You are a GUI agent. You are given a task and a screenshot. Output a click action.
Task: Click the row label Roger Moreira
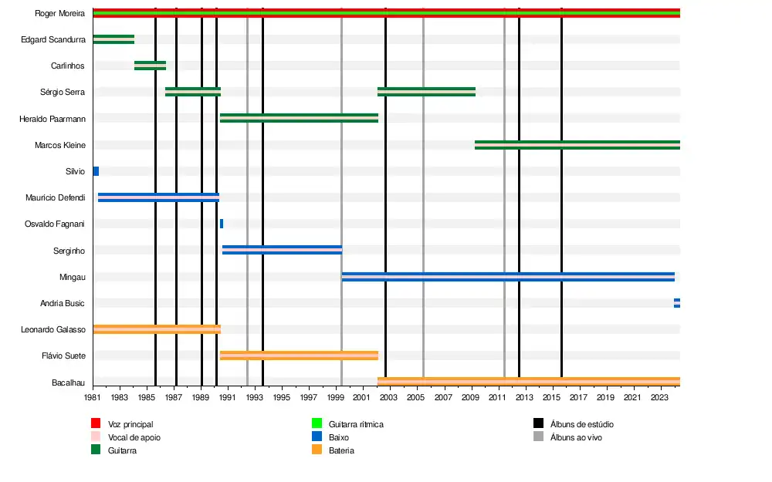click(60, 13)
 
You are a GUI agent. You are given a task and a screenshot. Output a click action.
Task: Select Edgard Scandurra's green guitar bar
click(113, 39)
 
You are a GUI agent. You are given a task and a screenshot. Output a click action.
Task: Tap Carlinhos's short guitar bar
click(150, 66)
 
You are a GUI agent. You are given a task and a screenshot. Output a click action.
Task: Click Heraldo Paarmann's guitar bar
click(299, 118)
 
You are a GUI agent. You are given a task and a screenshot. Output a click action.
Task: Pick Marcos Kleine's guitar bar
click(577, 145)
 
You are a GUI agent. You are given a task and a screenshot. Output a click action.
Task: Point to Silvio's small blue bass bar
click(96, 171)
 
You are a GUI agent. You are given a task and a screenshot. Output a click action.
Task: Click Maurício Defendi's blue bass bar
click(158, 197)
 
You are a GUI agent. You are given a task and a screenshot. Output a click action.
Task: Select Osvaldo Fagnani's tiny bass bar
click(222, 224)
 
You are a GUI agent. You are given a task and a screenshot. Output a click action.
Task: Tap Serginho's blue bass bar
click(282, 250)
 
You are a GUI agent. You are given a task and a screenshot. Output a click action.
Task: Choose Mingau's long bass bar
click(508, 276)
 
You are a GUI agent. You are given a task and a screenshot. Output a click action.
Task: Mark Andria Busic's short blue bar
click(677, 303)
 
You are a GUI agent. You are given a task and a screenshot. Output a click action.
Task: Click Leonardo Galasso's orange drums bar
click(157, 329)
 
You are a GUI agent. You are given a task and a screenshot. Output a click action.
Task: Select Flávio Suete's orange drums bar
click(299, 356)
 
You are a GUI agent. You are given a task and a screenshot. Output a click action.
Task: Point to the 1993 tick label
click(255, 397)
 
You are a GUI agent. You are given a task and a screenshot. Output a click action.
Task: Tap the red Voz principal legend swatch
click(96, 423)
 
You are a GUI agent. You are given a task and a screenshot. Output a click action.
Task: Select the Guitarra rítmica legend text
click(356, 424)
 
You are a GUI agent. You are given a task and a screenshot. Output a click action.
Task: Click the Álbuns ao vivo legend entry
click(576, 437)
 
